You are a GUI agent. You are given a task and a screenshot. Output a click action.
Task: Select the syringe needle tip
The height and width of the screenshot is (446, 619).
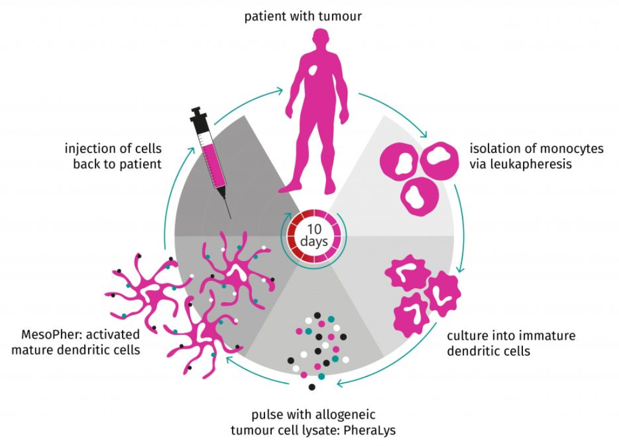pos(230,217)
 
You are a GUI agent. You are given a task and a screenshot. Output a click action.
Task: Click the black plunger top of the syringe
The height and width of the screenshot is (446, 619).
pos(197,112)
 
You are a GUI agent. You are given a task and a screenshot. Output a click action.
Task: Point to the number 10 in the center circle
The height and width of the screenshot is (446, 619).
pos(314,229)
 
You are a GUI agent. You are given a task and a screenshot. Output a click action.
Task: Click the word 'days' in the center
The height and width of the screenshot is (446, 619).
pos(314,242)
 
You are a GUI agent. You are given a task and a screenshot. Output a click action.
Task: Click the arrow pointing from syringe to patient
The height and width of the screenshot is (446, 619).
pos(260,97)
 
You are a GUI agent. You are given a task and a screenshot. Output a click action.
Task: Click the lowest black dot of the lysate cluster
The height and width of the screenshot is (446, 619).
pos(312,387)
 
